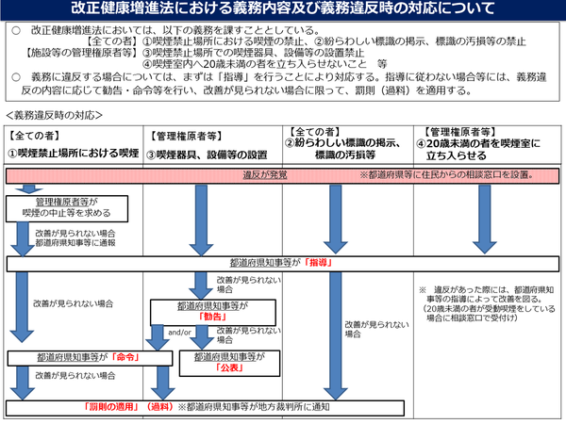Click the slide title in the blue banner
click(283, 11)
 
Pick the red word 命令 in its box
click(124, 359)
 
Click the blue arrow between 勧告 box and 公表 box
click(202, 338)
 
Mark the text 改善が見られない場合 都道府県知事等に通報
click(75, 236)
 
